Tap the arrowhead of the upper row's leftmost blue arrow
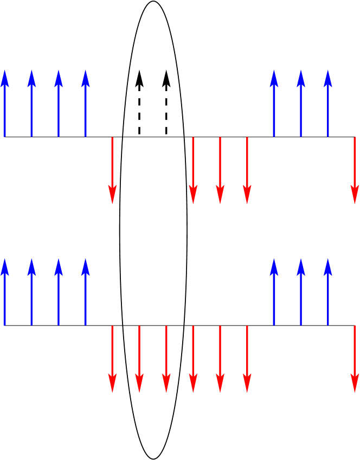(5, 79)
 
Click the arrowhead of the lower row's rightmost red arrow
(355, 382)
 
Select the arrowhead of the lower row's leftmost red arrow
(112, 382)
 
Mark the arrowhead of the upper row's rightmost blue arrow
(328, 79)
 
